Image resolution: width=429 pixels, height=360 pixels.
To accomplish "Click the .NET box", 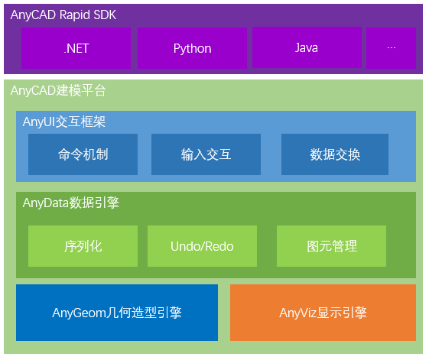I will [76, 48].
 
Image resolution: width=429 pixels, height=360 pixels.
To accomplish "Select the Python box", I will [192, 48].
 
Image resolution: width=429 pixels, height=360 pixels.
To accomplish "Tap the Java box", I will [306, 48].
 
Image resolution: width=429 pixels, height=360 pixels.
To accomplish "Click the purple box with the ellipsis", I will [392, 48].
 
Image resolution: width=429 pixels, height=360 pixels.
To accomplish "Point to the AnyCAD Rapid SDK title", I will [63, 15].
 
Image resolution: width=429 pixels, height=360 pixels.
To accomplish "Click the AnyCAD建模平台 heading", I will [58, 91].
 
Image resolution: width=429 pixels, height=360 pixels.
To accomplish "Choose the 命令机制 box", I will [83, 154].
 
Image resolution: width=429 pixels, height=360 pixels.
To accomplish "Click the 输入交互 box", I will [206, 154].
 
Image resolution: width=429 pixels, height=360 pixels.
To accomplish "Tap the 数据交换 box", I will [335, 154].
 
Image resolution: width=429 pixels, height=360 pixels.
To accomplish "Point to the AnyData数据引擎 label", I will [71, 203].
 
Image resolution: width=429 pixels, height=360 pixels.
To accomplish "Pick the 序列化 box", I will [83, 246].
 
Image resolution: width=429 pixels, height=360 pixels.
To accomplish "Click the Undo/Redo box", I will [202, 246].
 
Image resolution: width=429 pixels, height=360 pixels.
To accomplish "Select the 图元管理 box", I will [332, 246].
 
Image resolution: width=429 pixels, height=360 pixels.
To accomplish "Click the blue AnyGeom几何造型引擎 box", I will [117, 313].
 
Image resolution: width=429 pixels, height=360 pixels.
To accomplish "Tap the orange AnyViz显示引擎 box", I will [323, 313].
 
